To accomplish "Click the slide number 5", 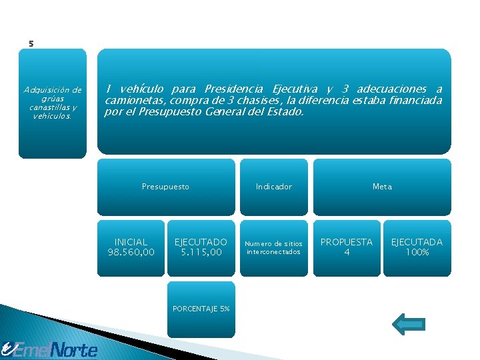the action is pos(31,44).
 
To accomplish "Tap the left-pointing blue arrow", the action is pos(408,324).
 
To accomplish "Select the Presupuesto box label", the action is pos(165,187).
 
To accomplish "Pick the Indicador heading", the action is pos(273,187).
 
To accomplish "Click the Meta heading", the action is pos(382,187).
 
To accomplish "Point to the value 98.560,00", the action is pos(131,252).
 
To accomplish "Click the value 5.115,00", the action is pos(201,252).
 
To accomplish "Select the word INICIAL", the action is pos(131,242).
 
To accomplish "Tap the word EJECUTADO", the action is pos(201,242).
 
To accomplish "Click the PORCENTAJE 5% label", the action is pos(201,309).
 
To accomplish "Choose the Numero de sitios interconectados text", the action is pos(273,247).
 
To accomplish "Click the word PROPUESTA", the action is pos(347,242).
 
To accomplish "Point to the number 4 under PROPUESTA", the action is pos(347,252).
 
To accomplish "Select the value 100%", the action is pos(417,252).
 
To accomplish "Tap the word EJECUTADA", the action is pos(417,242).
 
